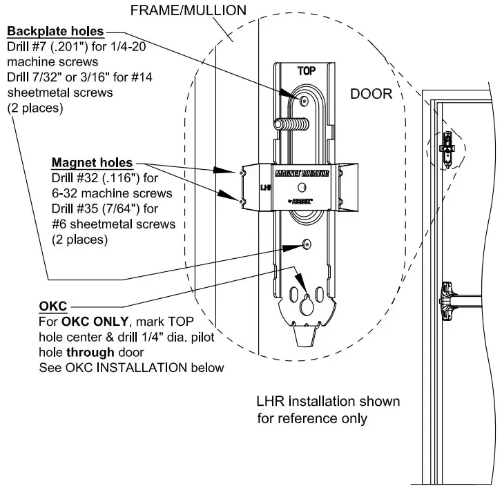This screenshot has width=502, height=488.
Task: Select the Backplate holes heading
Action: pos(55,32)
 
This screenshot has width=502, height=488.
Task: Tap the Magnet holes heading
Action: pos(93,163)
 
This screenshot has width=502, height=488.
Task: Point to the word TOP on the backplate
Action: pos(306,71)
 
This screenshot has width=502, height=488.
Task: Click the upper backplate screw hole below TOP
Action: pos(305,101)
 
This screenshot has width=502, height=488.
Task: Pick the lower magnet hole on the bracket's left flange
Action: pos(242,201)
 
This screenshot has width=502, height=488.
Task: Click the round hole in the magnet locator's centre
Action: pos(300,188)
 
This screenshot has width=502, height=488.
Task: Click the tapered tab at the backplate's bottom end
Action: pos(305,338)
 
